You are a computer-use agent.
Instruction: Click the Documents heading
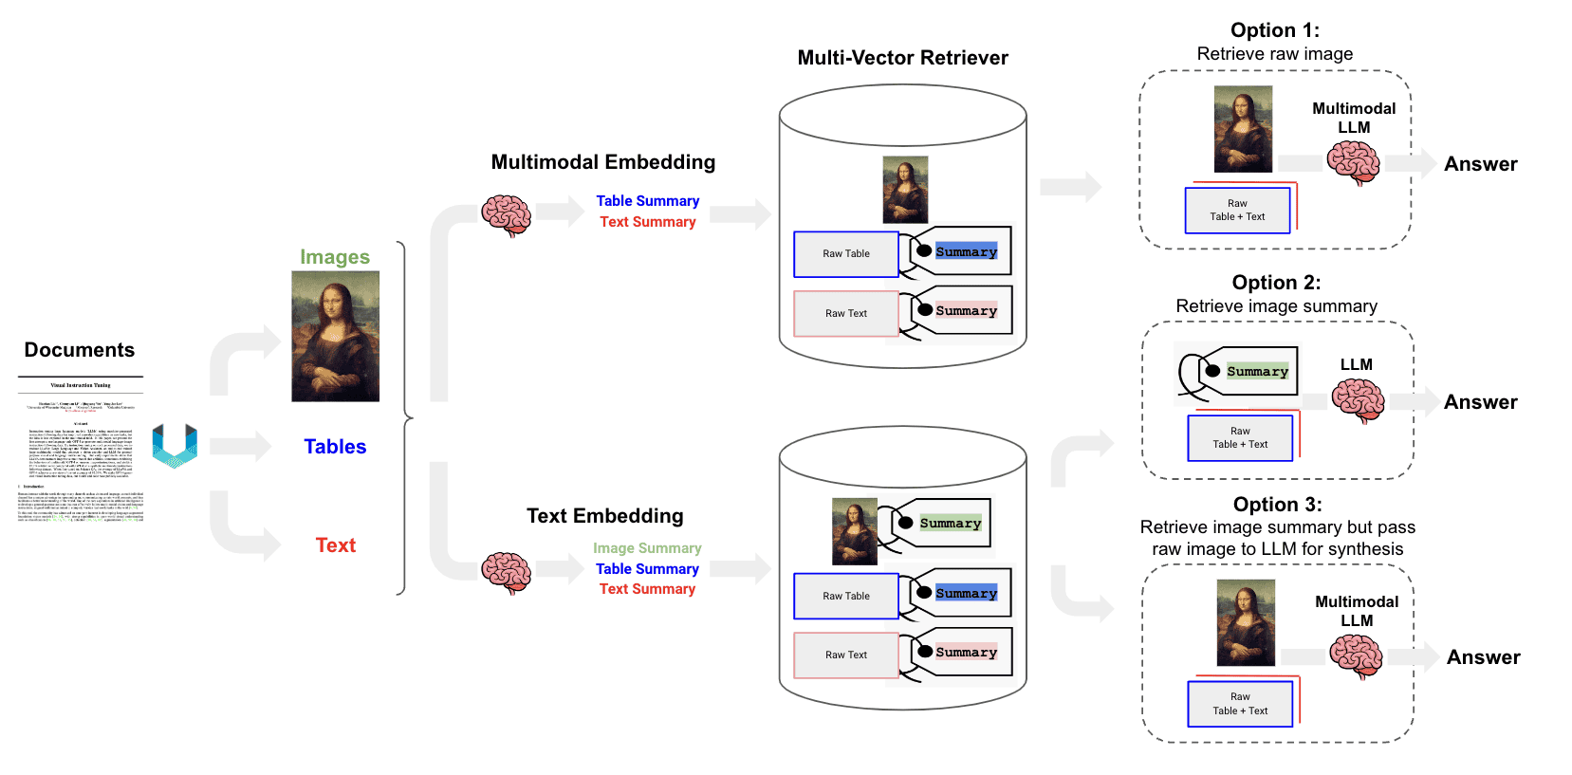[x=80, y=350]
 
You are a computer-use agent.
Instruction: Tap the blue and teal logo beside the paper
[x=175, y=445]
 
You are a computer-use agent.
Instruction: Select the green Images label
[x=335, y=257]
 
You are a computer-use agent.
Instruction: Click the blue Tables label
[x=335, y=447]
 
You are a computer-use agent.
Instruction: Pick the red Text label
[x=335, y=545]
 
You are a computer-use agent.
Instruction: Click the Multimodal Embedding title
[x=602, y=162]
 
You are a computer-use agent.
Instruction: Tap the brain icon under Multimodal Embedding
[x=506, y=215]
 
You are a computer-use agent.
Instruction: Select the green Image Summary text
[x=647, y=548]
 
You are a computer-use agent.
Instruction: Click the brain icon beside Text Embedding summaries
[x=506, y=572]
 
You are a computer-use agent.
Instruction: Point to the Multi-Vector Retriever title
[x=902, y=58]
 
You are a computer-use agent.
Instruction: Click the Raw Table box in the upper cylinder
[x=845, y=254]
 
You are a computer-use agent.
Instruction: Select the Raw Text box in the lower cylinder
[x=845, y=655]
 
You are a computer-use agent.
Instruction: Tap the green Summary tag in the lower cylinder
[x=949, y=524]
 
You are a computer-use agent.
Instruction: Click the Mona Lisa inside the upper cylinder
[x=905, y=190]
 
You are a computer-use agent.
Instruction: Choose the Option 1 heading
[x=1274, y=30]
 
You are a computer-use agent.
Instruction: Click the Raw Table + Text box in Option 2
[x=1240, y=438]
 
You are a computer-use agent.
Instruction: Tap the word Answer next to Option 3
[x=1483, y=657]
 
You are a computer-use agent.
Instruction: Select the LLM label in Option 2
[x=1356, y=365]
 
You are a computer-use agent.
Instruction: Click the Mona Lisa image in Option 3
[x=1245, y=623]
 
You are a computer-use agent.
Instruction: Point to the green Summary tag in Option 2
[x=1256, y=372]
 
